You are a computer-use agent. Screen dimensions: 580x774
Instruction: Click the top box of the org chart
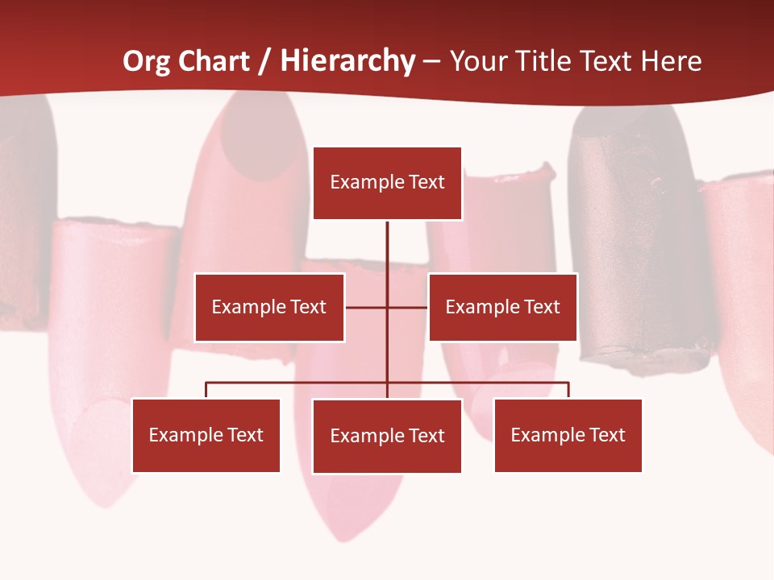tap(387, 183)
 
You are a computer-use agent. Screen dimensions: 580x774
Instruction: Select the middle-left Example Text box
tap(269, 307)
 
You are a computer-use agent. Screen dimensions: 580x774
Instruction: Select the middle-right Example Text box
tap(502, 307)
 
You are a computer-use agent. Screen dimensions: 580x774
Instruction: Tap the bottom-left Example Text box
tap(206, 435)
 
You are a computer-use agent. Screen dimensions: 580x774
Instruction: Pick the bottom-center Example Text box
tap(387, 436)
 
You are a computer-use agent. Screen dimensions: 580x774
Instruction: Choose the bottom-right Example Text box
tap(568, 435)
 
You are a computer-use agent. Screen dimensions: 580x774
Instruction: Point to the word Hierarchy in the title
tap(347, 61)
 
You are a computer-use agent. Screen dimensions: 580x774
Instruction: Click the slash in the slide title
tap(265, 61)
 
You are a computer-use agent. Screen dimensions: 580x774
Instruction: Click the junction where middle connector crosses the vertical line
tap(387, 307)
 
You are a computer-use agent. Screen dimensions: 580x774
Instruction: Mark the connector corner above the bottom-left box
tap(206, 383)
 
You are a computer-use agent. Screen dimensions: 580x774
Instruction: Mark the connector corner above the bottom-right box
tap(568, 383)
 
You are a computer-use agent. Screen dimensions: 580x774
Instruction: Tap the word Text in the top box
tap(427, 182)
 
